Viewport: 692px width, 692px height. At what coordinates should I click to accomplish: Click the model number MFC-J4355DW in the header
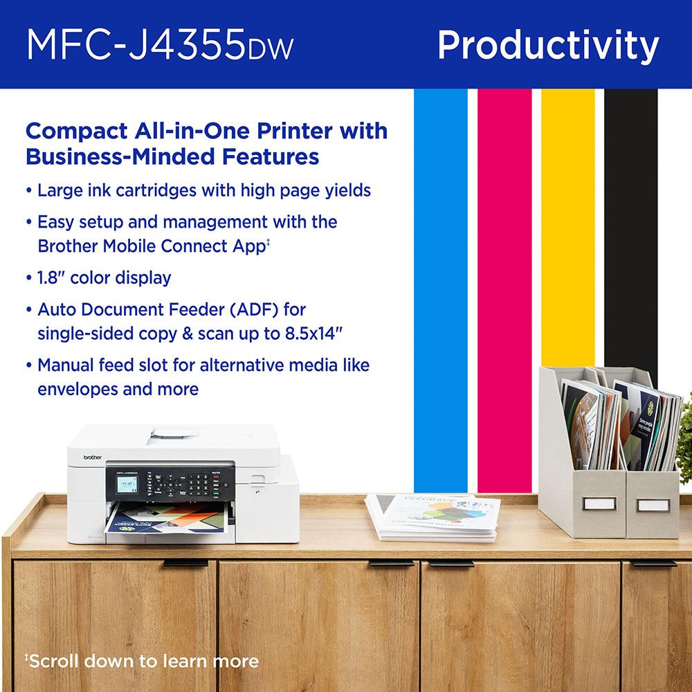click(x=160, y=45)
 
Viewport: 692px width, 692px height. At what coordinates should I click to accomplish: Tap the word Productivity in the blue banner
click(x=547, y=45)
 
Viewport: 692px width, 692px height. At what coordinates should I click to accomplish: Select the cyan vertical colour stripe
click(x=439, y=277)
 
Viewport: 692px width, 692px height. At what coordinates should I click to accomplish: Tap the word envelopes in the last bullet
click(x=77, y=389)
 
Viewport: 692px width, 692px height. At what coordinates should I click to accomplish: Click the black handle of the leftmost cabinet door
click(x=186, y=563)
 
